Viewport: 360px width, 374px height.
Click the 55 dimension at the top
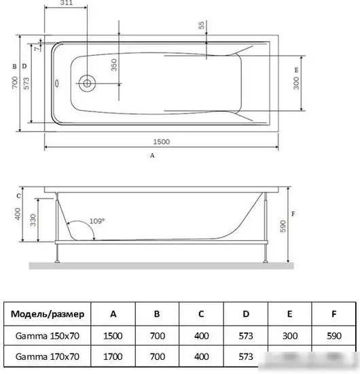(201, 25)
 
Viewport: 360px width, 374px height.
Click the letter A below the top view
(152, 155)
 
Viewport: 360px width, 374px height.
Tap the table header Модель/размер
(48, 314)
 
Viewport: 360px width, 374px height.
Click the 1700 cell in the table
(113, 356)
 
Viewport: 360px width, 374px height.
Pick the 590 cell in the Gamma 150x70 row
(334, 335)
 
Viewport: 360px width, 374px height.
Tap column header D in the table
(245, 314)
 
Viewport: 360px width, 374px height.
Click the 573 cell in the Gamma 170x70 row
(245, 356)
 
